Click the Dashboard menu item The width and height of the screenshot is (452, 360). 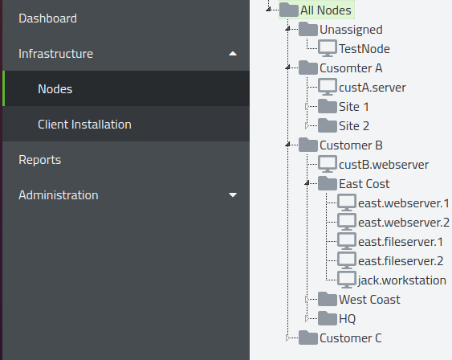47,18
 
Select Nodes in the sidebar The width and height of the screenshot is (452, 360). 55,89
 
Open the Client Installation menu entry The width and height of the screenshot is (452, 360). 84,125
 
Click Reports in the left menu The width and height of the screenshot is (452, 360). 40,160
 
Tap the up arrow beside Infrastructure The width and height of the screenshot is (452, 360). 233,54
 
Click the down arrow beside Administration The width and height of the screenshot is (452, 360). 233,195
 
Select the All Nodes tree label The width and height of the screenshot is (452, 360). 326,10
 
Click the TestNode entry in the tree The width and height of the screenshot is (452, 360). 364,49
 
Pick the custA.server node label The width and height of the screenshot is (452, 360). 373,88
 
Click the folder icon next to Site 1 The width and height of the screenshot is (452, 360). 328,106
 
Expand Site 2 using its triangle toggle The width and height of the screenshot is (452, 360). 307,126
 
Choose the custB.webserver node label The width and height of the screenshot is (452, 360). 384,165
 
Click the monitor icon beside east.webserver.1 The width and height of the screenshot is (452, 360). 347,202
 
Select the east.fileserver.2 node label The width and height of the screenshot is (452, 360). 401,261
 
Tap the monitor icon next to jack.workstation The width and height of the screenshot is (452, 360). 347,280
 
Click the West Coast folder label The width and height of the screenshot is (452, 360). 369,300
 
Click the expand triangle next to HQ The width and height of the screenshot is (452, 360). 307,318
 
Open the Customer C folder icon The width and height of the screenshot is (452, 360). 308,337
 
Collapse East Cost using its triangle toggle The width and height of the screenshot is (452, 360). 307,183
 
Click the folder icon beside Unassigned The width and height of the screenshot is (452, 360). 308,29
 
